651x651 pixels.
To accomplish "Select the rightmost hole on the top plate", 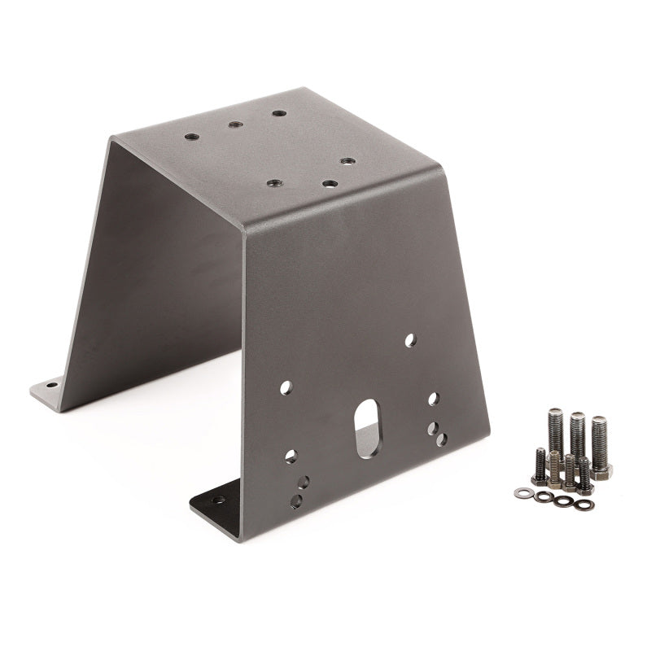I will pos(347,161).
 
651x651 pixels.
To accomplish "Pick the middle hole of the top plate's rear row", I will pos(234,125).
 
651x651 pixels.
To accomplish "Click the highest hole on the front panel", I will pos(410,340).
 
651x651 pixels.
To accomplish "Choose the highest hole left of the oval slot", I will pos(286,388).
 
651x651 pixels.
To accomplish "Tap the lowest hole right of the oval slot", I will pos(441,439).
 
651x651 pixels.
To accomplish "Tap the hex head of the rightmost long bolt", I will pos(601,470).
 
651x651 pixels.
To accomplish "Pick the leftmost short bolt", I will pos(540,465).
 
